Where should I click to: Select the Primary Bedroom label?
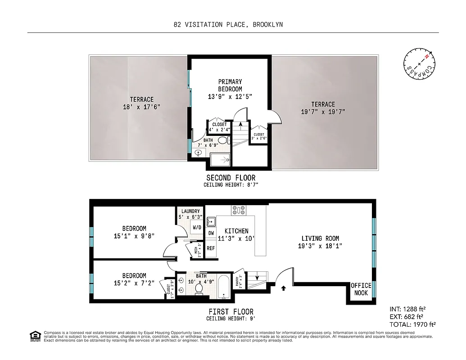pyautogui.click(x=230, y=89)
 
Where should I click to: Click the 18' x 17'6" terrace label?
pyautogui.click(x=142, y=103)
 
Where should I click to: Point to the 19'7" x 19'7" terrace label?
pyautogui.click(x=323, y=108)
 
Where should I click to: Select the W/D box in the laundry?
pyautogui.click(x=197, y=228)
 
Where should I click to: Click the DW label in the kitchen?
pyautogui.click(x=211, y=234)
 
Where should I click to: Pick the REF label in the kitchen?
pyautogui.click(x=211, y=248)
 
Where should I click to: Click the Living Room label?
pyautogui.click(x=320, y=242)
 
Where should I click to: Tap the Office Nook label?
pyautogui.click(x=361, y=289)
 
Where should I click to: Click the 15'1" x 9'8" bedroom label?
pyautogui.click(x=134, y=232)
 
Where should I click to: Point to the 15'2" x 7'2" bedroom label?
pyautogui.click(x=134, y=279)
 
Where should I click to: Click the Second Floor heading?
pyautogui.click(x=231, y=178)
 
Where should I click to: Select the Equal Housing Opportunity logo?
pyautogui.click(x=34, y=336)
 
